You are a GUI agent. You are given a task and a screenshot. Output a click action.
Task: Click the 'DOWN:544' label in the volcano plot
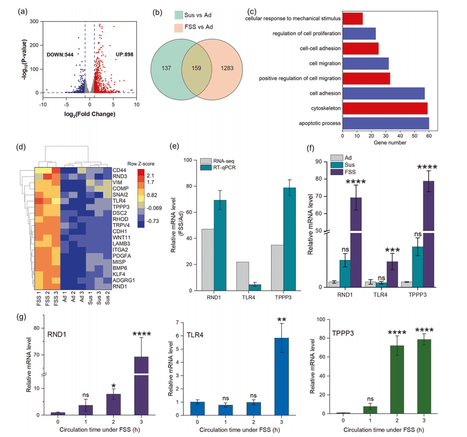pyautogui.click(x=60, y=55)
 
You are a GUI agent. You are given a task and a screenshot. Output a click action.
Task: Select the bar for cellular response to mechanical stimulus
pyautogui.click(x=353, y=18)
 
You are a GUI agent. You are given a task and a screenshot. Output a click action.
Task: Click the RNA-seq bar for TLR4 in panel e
pyautogui.click(x=243, y=276)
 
